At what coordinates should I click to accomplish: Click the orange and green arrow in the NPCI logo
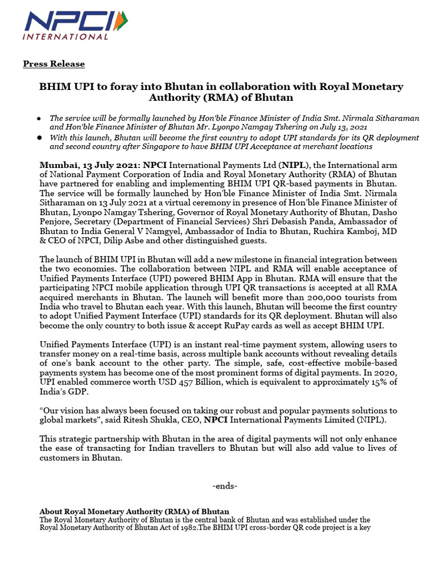[x=121, y=21]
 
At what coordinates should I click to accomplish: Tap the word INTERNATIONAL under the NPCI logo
[x=65, y=37]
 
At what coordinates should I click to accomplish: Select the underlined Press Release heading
[x=54, y=64]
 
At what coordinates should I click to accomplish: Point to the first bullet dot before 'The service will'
[x=38, y=118]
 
